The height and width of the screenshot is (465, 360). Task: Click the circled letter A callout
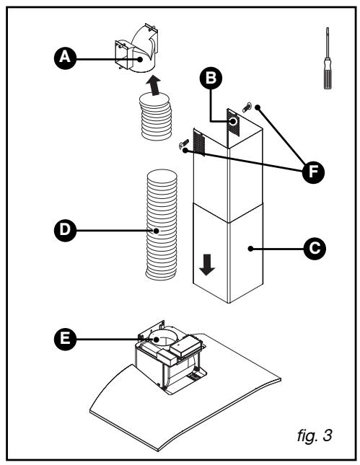tap(65, 58)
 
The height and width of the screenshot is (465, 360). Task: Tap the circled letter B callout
tap(211, 78)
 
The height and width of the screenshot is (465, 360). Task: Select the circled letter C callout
tap(315, 249)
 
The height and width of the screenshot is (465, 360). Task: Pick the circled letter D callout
tap(65, 231)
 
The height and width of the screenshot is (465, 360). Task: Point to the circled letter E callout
tap(65, 339)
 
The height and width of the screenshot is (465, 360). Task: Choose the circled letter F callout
tap(313, 172)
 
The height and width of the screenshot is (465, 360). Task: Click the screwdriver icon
tap(328, 58)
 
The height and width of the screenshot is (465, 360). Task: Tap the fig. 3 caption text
tap(315, 435)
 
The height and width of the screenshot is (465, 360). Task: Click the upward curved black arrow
tap(154, 86)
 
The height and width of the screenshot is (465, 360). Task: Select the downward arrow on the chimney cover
tap(207, 265)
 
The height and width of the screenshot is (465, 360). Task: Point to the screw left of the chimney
tap(183, 143)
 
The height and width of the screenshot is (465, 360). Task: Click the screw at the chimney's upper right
tap(247, 107)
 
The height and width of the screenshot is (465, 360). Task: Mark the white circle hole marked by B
tap(233, 121)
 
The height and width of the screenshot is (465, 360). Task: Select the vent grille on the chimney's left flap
tap(199, 143)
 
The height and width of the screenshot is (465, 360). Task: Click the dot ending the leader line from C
tap(251, 249)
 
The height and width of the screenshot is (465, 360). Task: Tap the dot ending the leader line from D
tap(156, 231)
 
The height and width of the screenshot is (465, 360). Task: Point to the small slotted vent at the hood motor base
tap(193, 376)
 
